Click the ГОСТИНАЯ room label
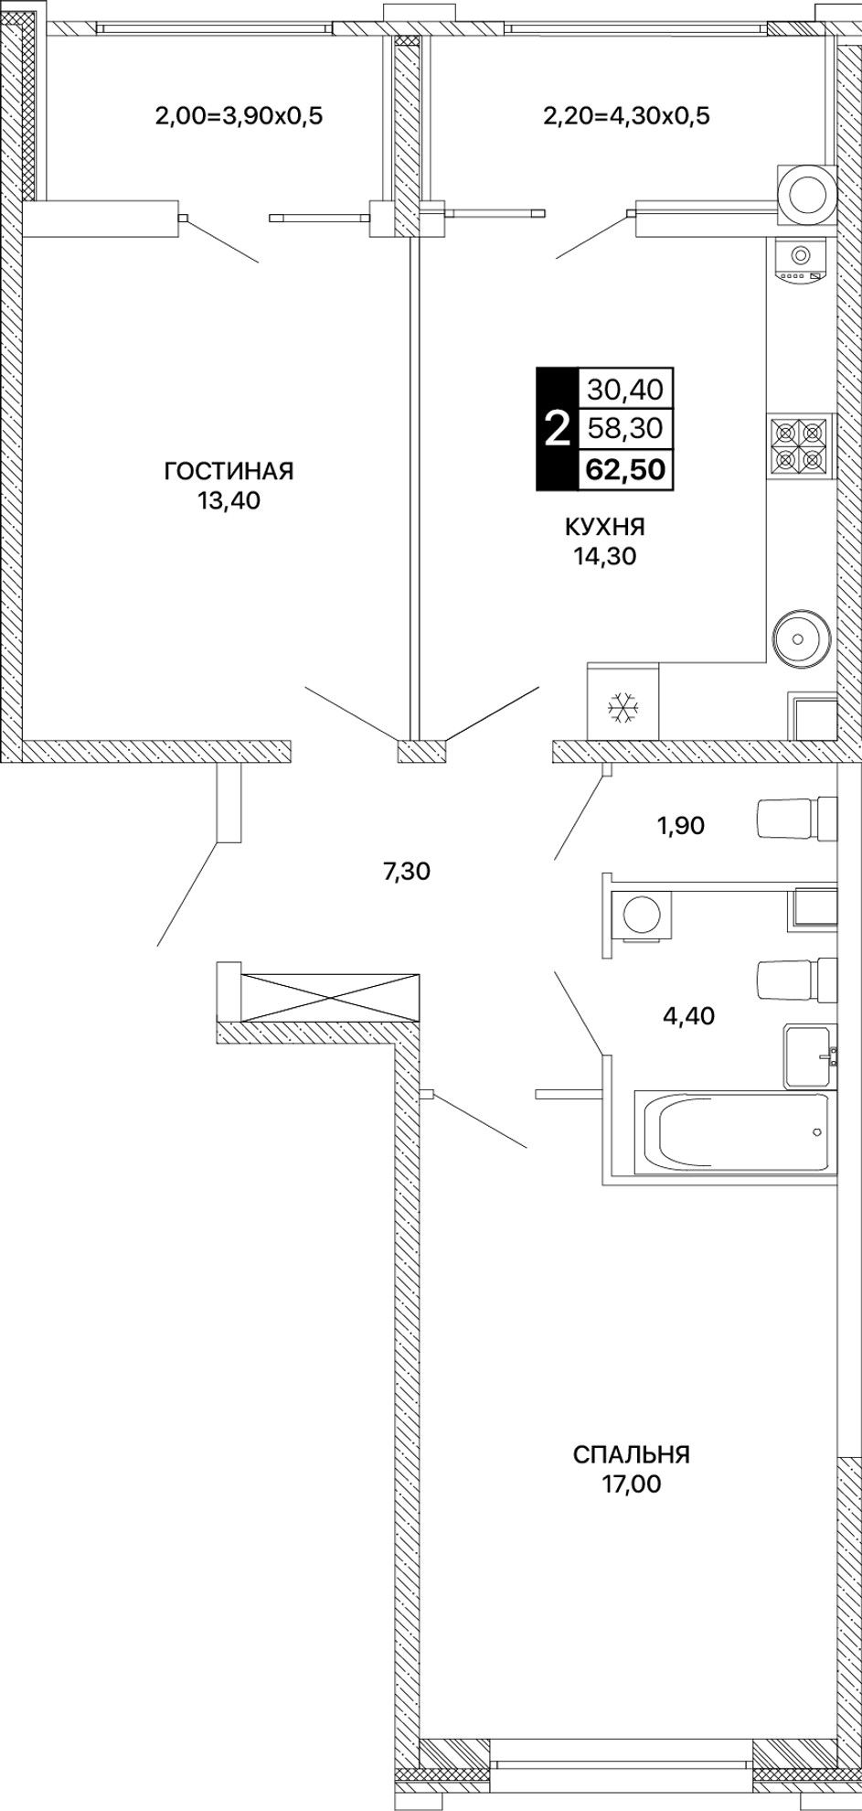tap(229, 471)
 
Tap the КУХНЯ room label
tap(605, 527)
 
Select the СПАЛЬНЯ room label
tap(632, 1454)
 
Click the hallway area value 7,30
tap(406, 872)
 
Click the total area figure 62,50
tap(625, 469)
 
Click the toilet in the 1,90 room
tap(796, 818)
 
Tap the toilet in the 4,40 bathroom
tap(796, 980)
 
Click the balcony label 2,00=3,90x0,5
tap(239, 116)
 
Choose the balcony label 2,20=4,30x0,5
tap(626, 116)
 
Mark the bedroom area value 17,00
tap(631, 1484)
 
